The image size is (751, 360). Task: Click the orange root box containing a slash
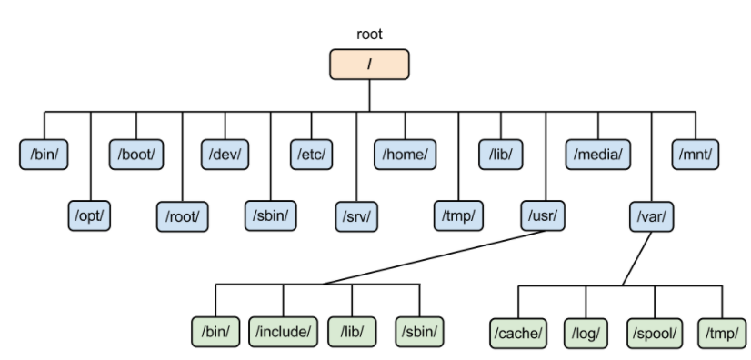pos(369,65)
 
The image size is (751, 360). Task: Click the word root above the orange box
pos(369,35)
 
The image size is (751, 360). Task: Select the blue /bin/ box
pos(44,155)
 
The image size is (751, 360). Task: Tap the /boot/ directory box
pos(136,155)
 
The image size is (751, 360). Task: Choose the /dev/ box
pos(225,155)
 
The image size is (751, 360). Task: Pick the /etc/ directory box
pos(311,155)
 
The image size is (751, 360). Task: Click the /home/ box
pos(405,155)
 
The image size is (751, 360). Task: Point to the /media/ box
pos(597,155)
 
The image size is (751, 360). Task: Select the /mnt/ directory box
pos(695,155)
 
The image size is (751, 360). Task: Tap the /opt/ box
pos(89,215)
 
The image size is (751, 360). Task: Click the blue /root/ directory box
pos(182,216)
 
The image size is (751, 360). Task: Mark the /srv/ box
pos(356,216)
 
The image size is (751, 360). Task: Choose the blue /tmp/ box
pos(458,215)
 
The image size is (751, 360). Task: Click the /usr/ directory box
pos(543,215)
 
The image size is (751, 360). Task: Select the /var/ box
pos(651,217)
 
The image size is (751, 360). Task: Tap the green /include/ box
pos(283,331)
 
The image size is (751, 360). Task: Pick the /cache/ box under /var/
pos(517,334)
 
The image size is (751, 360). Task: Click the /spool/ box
pos(655,334)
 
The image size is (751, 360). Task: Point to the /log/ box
pos(586,334)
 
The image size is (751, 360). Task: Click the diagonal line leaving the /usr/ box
pos(434,257)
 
